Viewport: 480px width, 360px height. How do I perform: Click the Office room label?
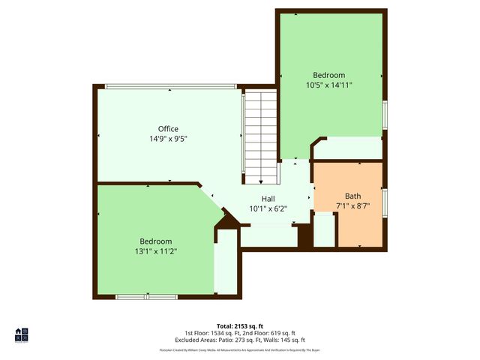[x=168, y=129]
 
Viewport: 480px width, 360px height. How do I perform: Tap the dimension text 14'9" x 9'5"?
[x=168, y=139]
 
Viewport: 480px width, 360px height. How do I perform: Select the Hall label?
[x=268, y=199]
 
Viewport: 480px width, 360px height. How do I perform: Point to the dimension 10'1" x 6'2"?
[x=268, y=208]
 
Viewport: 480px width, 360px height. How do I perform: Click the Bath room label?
[x=352, y=196]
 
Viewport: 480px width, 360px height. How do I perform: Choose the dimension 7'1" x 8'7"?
[x=352, y=205]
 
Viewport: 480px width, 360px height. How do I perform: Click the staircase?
[x=261, y=135]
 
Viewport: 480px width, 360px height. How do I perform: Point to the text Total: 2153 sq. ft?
[x=240, y=326]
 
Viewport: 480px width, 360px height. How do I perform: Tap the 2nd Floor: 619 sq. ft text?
[x=268, y=333]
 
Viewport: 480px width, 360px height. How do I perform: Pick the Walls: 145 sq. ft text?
[x=281, y=340]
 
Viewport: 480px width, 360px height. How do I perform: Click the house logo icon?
[x=22, y=335]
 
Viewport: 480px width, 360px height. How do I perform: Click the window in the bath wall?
[x=384, y=202]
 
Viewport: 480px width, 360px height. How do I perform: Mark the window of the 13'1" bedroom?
[x=146, y=297]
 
